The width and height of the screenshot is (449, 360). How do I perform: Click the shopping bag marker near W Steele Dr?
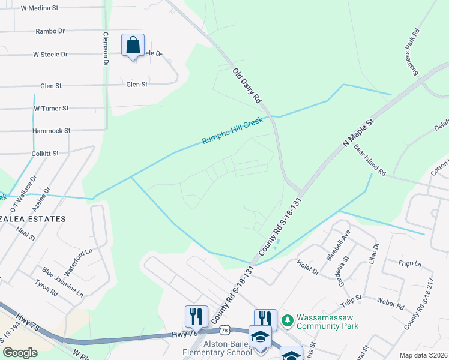coord(133,45)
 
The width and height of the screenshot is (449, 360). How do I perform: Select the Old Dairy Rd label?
coord(248,85)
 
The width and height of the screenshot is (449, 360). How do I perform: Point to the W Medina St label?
coord(39,8)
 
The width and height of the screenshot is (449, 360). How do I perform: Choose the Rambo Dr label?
coord(50,31)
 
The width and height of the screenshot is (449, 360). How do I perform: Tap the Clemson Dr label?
coord(106,48)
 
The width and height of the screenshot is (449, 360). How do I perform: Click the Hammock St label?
coord(52,130)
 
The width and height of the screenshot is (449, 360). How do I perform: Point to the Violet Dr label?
coord(308,267)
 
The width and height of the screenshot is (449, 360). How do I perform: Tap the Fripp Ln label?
coord(410,263)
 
